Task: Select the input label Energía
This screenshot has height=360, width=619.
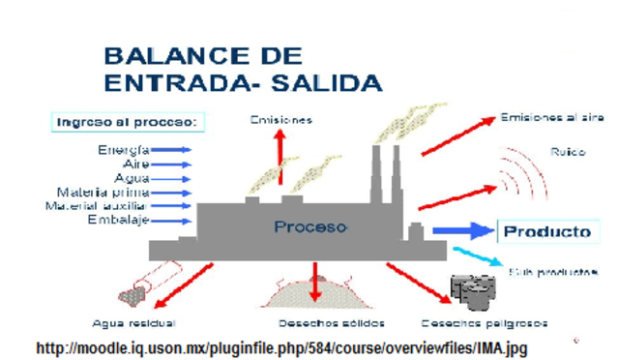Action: pos(123,150)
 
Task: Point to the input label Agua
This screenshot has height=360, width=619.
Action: pos(132,178)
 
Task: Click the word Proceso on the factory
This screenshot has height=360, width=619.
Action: pos(309,227)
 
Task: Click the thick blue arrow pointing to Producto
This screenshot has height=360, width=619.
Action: pos(461,231)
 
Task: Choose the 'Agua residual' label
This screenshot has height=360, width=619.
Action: pos(133,322)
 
